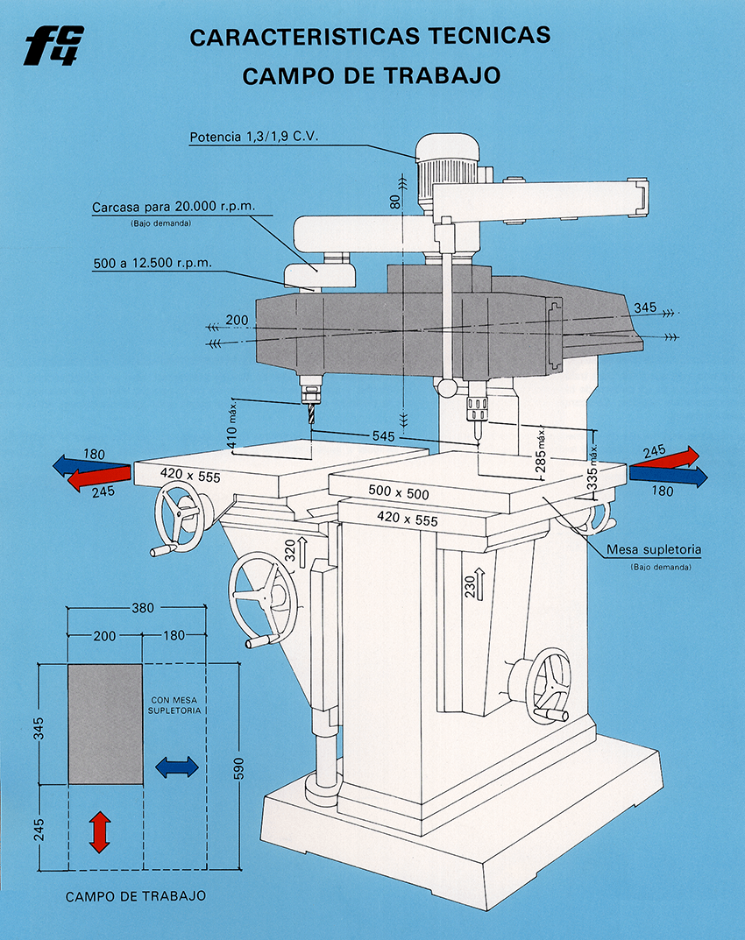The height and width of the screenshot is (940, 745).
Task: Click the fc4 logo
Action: [54, 46]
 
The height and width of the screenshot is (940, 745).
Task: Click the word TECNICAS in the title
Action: [489, 36]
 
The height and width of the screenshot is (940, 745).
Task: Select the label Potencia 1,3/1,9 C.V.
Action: [253, 137]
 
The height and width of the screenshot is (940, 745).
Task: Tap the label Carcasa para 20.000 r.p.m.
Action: [174, 207]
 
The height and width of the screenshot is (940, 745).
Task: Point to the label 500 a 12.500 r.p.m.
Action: [153, 263]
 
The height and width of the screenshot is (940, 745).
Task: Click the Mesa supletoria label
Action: [654, 550]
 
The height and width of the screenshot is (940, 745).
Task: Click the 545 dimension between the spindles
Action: [383, 435]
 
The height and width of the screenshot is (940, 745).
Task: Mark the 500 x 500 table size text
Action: [398, 492]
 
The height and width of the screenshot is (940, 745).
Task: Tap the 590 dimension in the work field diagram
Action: [238, 769]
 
